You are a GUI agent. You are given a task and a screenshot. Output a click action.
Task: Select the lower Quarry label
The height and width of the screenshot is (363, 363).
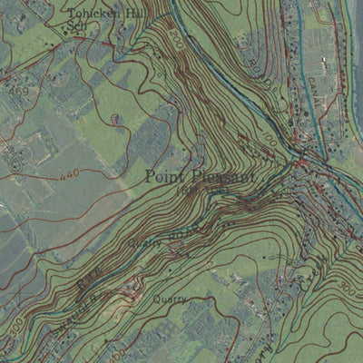(171, 297)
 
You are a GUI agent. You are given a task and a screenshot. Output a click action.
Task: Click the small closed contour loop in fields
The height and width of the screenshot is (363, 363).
(114, 118)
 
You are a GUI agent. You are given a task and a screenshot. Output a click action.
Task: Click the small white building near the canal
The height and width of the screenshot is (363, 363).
(324, 64)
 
